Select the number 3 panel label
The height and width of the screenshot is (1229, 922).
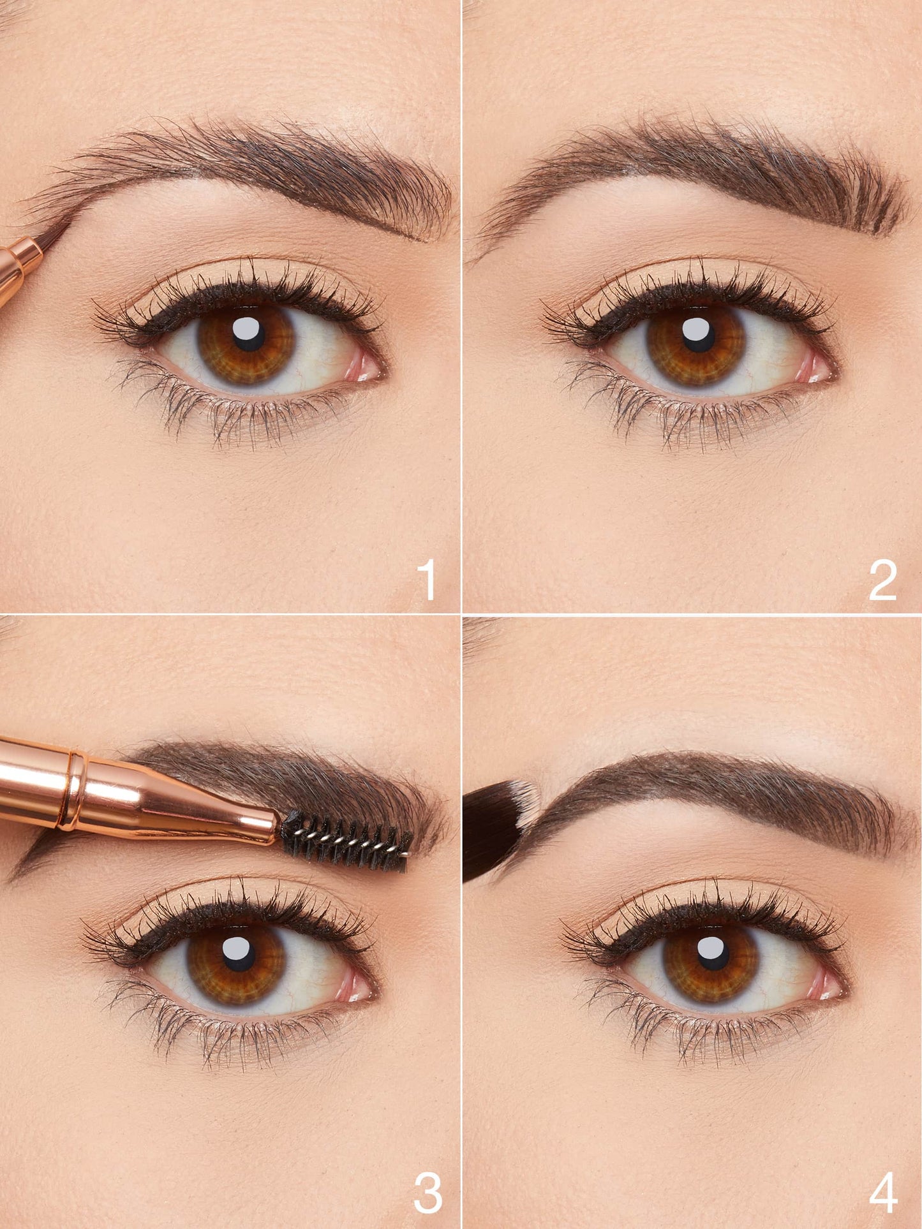(x=428, y=1193)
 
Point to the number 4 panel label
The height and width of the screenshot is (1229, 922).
(x=883, y=1193)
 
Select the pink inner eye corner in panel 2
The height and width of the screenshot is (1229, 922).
(x=817, y=369)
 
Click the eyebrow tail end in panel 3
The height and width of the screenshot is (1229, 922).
(x=19, y=874)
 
